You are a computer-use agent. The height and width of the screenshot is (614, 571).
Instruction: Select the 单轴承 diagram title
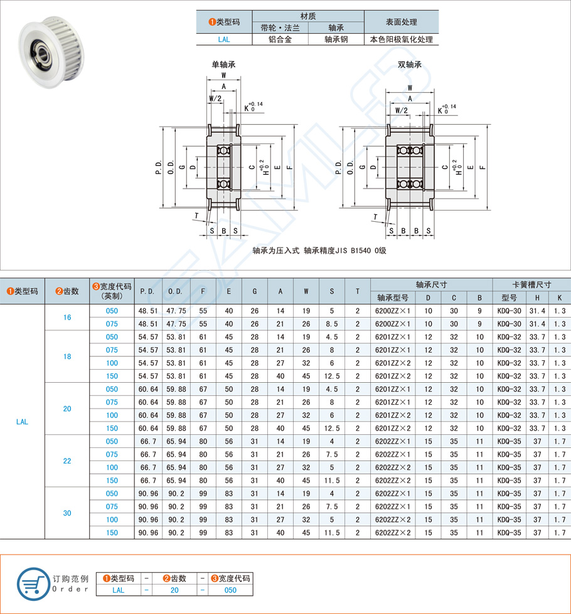tap(223, 65)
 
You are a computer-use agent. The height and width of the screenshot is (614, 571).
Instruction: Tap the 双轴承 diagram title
tap(409, 65)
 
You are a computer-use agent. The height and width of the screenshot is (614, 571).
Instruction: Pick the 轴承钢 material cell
tap(336, 39)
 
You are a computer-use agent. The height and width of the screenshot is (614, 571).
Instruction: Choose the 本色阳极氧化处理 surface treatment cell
tap(402, 39)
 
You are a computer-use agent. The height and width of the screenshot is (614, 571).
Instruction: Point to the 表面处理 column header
tap(402, 22)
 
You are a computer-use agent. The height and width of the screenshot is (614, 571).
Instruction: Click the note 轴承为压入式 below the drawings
tap(277, 251)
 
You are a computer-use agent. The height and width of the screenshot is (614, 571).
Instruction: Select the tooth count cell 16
tap(67, 318)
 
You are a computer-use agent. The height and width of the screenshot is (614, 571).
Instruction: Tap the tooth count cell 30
tap(67, 513)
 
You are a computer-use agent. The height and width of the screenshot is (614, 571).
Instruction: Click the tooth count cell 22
tap(67, 461)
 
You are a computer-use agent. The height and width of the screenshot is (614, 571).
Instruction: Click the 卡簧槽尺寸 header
tap(531, 284)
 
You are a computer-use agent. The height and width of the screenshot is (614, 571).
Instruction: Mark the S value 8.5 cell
tap(331, 324)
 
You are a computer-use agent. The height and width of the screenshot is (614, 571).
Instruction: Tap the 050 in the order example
tap(230, 590)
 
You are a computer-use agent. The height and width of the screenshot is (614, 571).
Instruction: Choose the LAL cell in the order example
tap(118, 590)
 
